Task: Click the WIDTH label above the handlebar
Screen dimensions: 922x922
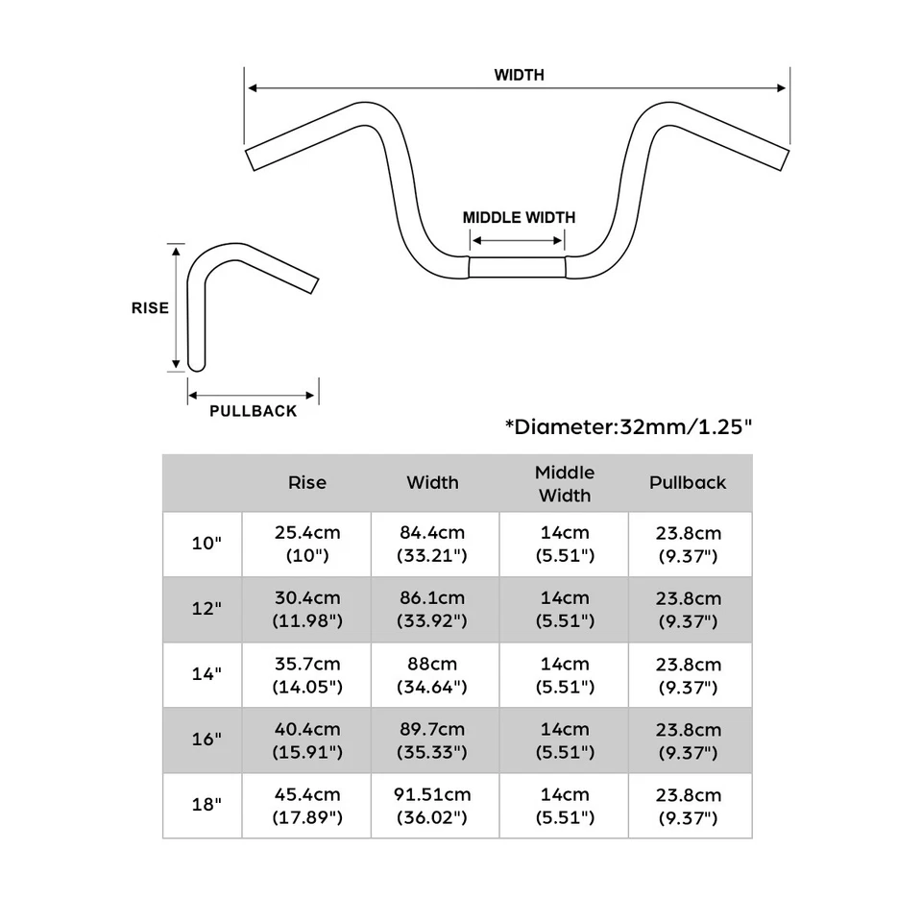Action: click(519, 75)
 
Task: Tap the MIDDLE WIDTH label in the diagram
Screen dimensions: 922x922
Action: click(519, 217)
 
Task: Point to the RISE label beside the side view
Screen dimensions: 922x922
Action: click(150, 308)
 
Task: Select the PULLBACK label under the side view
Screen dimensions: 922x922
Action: click(254, 411)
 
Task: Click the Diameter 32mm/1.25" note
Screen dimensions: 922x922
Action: click(627, 427)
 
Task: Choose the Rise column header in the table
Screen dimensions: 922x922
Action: click(306, 483)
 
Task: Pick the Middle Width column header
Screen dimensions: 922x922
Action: click(564, 484)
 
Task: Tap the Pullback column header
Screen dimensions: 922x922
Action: click(688, 483)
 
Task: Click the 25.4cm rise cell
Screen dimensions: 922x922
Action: click(307, 544)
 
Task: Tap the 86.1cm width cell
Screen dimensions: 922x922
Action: click(432, 609)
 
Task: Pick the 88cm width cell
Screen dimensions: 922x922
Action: click(432, 675)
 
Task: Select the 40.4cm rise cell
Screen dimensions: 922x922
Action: click(307, 740)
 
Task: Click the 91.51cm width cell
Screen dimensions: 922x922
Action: click(432, 806)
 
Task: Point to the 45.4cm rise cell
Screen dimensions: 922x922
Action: click(307, 806)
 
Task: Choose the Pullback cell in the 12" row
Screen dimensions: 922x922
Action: click(689, 609)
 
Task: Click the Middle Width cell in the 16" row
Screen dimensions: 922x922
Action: click(564, 740)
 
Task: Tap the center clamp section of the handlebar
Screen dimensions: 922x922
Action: click(518, 266)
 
